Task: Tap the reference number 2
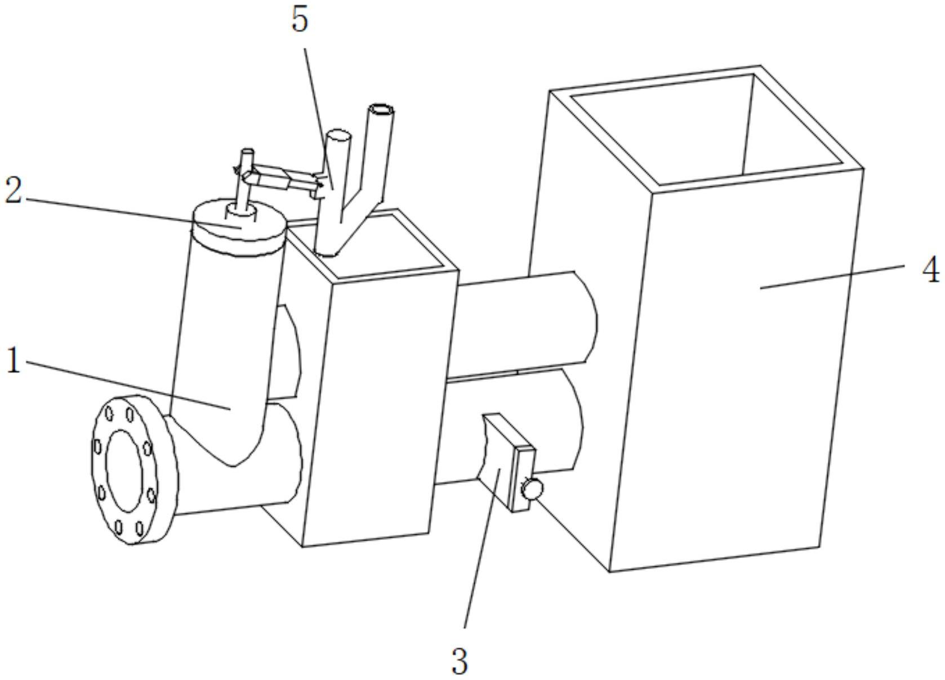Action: click(x=14, y=192)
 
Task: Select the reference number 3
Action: click(x=460, y=661)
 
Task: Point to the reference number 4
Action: click(x=930, y=270)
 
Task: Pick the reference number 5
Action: click(x=300, y=21)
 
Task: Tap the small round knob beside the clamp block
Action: click(x=531, y=487)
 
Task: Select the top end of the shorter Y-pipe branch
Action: click(x=339, y=136)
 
